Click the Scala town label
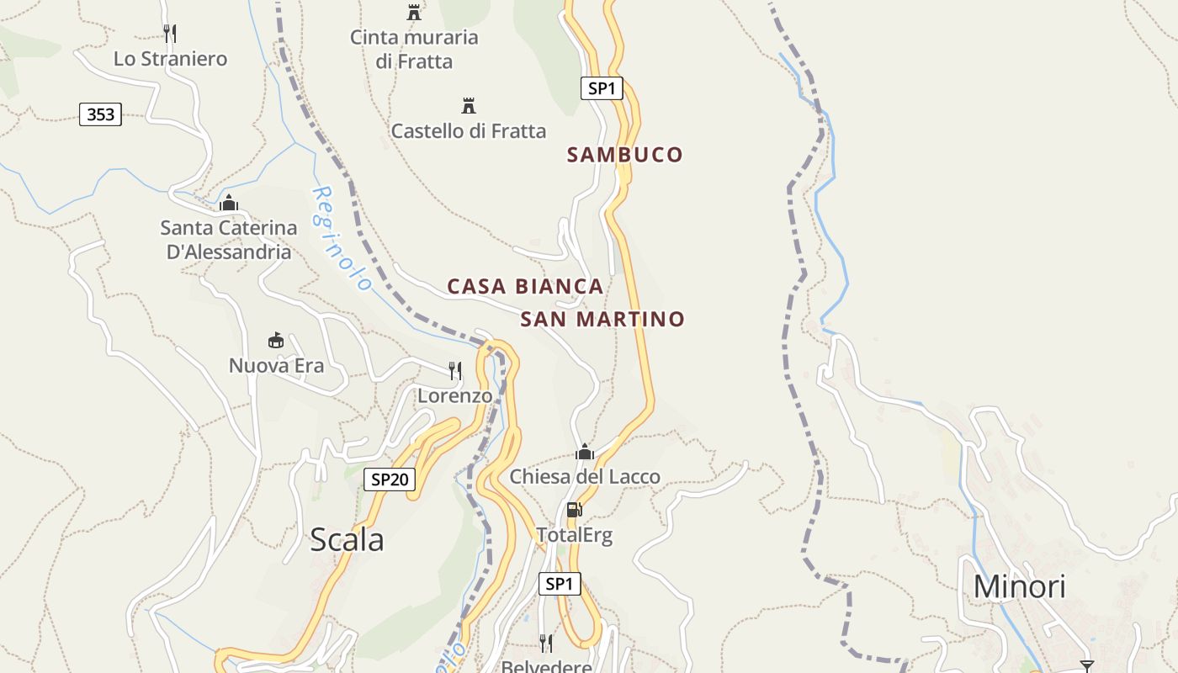pos(347,539)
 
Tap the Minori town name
pos(1019,586)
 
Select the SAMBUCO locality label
pos(624,155)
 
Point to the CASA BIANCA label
pos(525,286)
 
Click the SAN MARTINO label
pos(602,320)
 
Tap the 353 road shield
pos(100,114)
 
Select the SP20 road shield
pos(390,480)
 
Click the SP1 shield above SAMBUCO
pos(602,87)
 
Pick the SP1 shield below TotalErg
pos(560,584)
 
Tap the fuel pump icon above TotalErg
pos(575,509)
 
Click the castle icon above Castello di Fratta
pos(469,106)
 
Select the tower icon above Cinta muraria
pos(413,13)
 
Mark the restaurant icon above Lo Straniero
pos(170,33)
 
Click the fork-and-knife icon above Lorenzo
pos(454,370)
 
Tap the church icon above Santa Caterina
pos(228,203)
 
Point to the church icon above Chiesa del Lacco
pos(585,453)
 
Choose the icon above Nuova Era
pos(275,340)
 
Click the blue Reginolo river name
pos(342,239)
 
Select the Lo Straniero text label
pos(170,59)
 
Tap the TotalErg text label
pos(575,535)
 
